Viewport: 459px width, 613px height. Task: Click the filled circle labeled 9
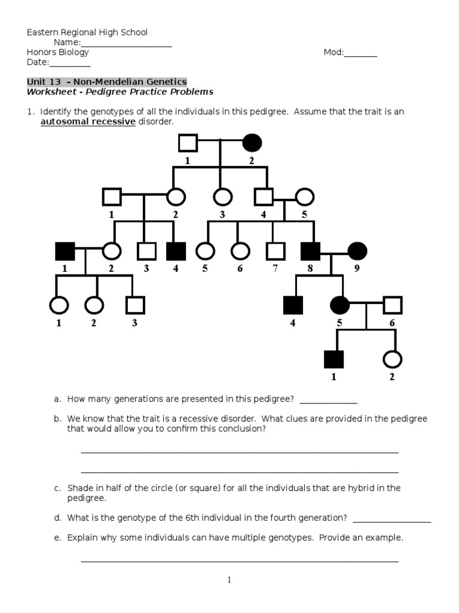click(357, 251)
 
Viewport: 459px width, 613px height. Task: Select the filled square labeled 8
click(310, 251)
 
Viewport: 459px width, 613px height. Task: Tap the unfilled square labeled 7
click(274, 251)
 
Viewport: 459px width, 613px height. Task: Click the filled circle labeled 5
click(340, 305)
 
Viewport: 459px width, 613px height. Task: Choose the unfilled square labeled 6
click(392, 305)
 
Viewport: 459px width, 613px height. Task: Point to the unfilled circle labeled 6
click(240, 251)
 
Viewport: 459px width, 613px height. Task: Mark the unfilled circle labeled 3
click(222, 196)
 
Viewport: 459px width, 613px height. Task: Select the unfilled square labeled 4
click(264, 196)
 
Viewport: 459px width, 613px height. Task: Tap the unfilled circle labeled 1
click(59, 305)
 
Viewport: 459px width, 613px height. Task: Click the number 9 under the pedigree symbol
click(357, 269)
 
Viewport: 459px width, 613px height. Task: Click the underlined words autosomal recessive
click(88, 122)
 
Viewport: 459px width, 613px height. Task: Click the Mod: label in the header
click(333, 52)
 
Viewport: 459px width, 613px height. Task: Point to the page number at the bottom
click(229, 580)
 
